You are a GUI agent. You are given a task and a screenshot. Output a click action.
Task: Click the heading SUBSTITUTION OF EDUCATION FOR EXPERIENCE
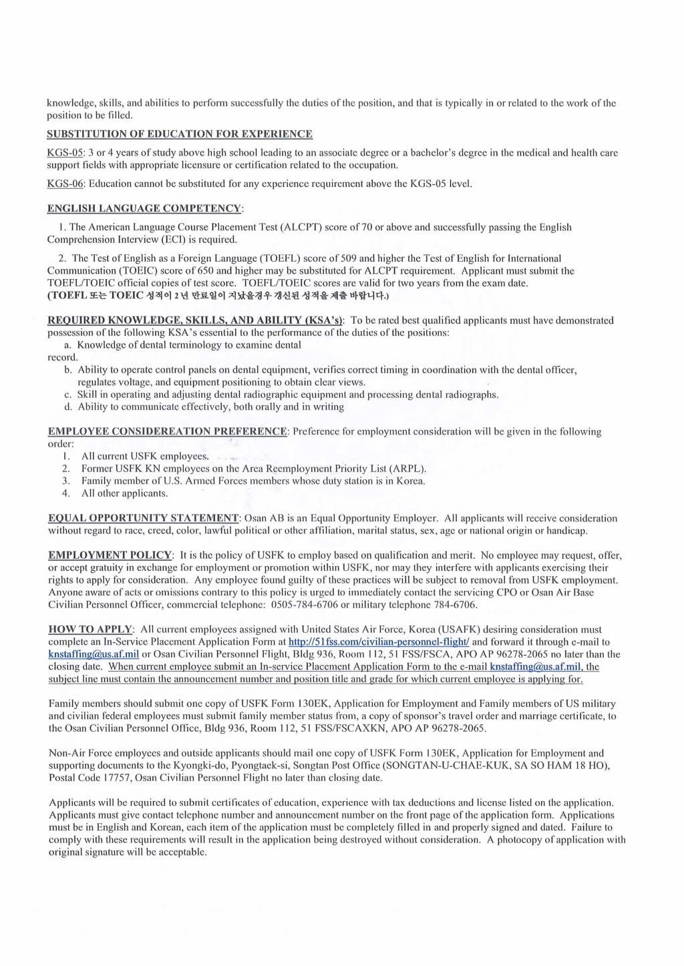[179, 134]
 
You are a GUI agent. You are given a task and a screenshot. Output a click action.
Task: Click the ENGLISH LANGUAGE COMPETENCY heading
[144, 209]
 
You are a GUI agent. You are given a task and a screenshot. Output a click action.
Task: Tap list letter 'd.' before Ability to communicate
[68, 407]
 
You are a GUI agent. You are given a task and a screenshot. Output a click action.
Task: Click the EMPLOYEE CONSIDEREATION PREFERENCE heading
[168, 431]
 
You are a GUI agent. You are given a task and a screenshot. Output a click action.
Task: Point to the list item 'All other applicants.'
[124, 493]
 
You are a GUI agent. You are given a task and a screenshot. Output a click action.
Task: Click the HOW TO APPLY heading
[91, 630]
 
